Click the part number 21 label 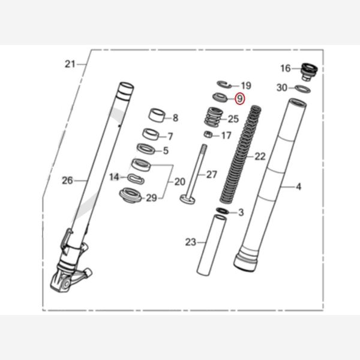(71, 64)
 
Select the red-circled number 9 (239, 99)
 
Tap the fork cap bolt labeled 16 (310, 71)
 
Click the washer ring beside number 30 (304, 89)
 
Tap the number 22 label (259, 157)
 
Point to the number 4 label (298, 187)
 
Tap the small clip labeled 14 (136, 178)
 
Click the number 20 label (179, 182)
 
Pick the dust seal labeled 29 (130, 195)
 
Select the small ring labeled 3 (221, 211)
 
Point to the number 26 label (68, 179)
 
